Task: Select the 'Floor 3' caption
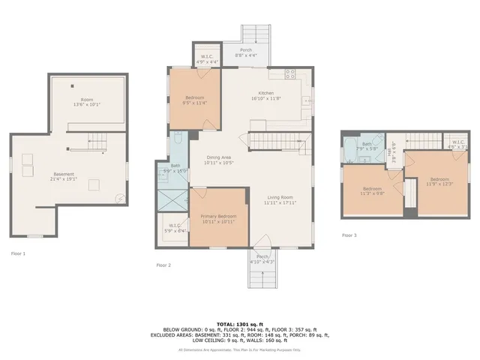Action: pos(349,235)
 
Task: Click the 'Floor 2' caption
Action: pos(163,265)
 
